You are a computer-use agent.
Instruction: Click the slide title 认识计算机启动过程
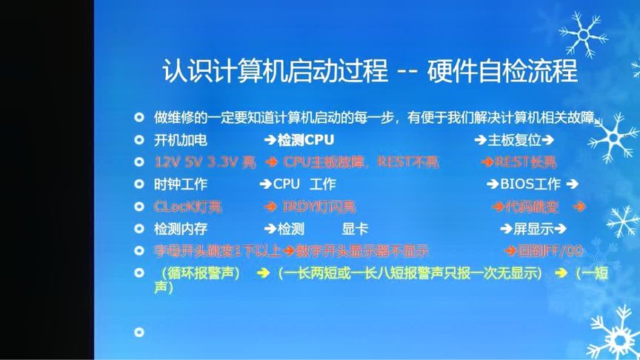[x=275, y=73]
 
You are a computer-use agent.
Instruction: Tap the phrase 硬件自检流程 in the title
[x=501, y=73]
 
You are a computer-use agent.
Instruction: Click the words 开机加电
[x=181, y=140]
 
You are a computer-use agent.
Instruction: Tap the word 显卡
[x=355, y=229]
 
